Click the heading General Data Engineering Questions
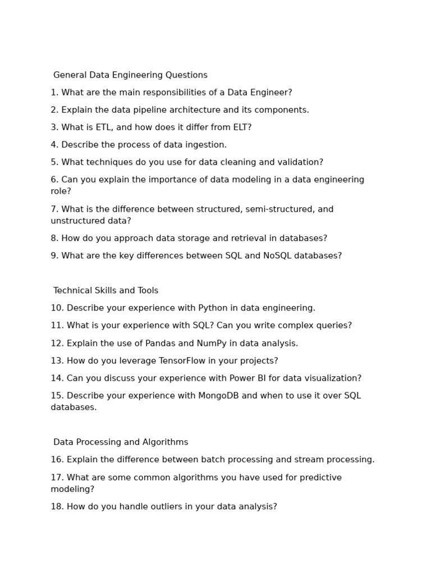[x=130, y=75]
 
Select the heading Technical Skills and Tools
[x=106, y=291]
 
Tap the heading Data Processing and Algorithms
[x=121, y=442]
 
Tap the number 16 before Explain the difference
[x=57, y=460]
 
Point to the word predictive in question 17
[x=318, y=478]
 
